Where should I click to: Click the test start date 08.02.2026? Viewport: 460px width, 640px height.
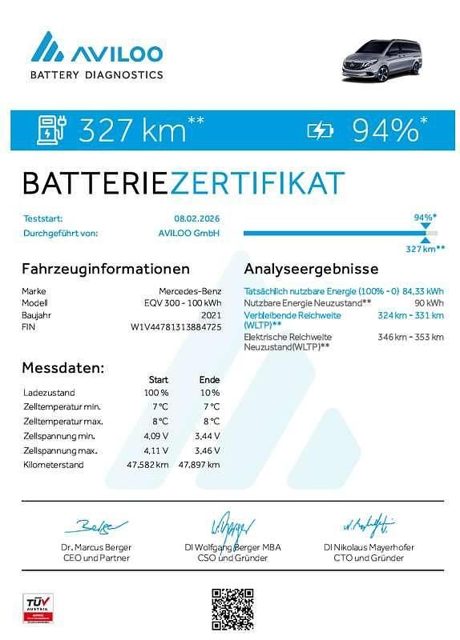click(196, 218)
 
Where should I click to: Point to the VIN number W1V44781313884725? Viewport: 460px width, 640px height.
click(176, 326)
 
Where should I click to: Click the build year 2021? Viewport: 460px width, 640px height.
click(210, 314)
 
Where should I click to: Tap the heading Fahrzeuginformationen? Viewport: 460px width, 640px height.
click(106, 269)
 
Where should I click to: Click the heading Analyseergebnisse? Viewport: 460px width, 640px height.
click(311, 269)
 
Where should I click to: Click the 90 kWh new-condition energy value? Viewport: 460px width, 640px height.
click(429, 303)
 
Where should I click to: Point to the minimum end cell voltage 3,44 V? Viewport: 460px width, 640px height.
click(206, 436)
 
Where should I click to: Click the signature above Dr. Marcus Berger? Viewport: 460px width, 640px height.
click(95, 526)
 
